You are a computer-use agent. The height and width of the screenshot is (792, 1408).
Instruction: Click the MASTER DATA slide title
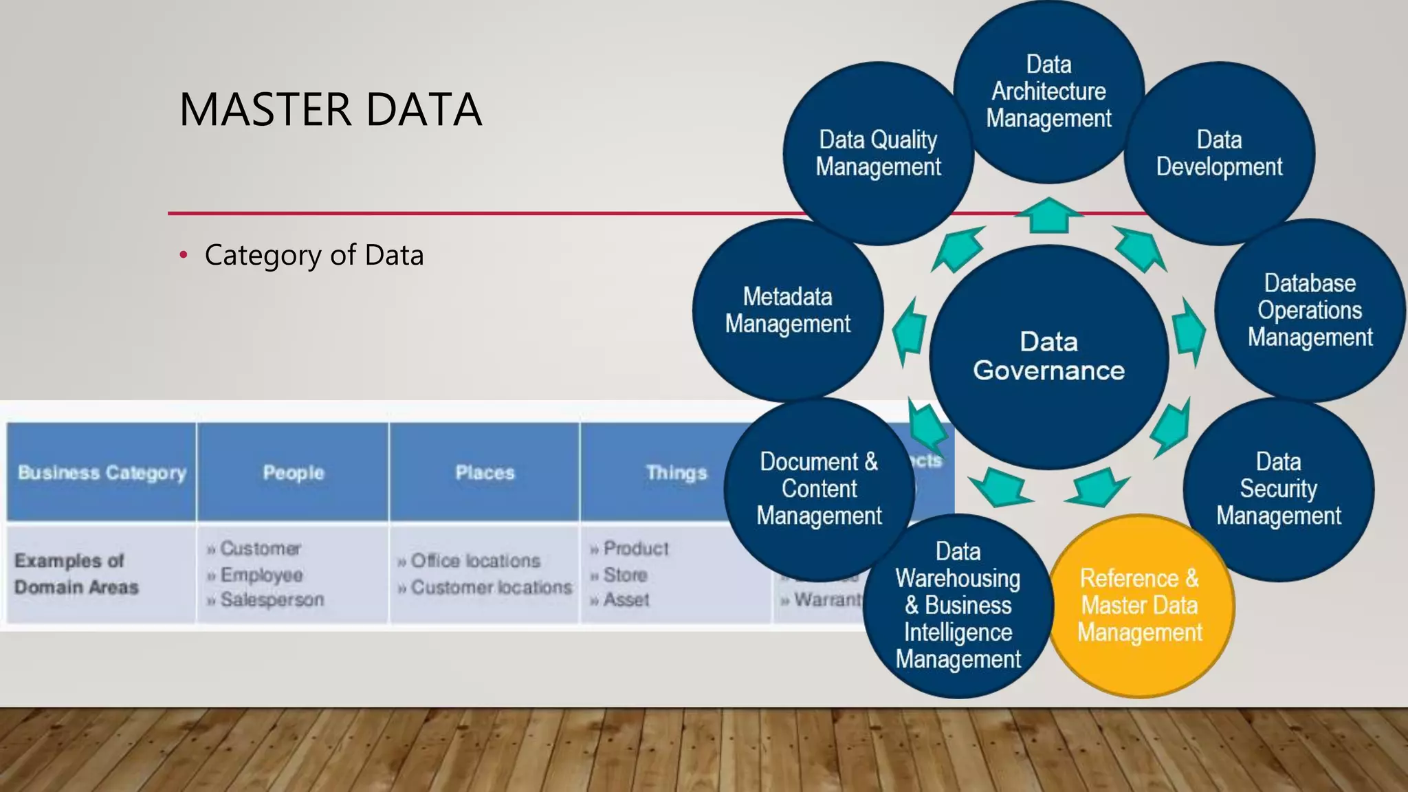pyautogui.click(x=330, y=110)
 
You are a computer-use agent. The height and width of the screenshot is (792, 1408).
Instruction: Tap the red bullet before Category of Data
pyautogui.click(x=183, y=256)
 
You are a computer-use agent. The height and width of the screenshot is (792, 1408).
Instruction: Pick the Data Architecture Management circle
pyautogui.click(x=1048, y=91)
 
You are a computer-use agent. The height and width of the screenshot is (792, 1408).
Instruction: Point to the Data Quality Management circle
pyautogui.click(x=878, y=153)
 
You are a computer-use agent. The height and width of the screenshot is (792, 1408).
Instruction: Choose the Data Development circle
pyautogui.click(x=1219, y=153)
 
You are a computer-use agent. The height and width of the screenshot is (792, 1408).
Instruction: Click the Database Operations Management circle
pyautogui.click(x=1310, y=311)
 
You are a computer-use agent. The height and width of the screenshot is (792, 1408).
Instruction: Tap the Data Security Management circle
pyautogui.click(x=1278, y=489)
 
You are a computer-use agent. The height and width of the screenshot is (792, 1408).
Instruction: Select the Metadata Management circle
pyautogui.click(x=787, y=311)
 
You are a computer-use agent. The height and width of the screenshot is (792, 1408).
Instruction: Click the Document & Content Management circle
pyautogui.click(x=819, y=489)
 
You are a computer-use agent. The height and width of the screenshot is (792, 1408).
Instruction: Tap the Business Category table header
pyautogui.click(x=102, y=473)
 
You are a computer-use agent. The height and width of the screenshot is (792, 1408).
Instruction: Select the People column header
pyautogui.click(x=294, y=473)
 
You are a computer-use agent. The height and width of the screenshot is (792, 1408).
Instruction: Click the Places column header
pyautogui.click(x=485, y=473)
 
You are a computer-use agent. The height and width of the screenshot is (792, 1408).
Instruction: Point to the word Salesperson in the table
pyautogui.click(x=272, y=600)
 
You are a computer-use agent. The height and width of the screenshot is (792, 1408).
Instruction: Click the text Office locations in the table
pyautogui.click(x=475, y=561)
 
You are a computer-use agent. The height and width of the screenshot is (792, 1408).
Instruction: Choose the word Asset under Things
pyautogui.click(x=626, y=600)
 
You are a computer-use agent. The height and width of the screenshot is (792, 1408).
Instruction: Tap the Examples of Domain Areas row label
pyautogui.click(x=76, y=574)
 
